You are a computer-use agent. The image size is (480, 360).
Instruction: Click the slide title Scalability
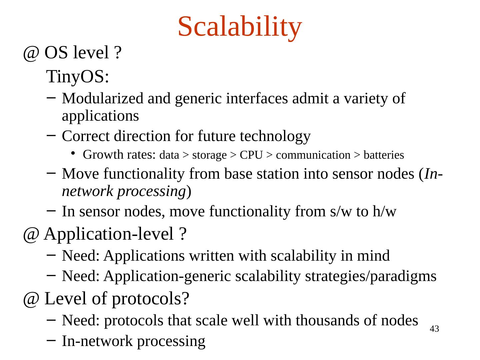coord(240,27)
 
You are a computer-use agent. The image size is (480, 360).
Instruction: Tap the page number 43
coord(434,329)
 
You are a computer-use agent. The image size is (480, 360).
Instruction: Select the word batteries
coord(384,155)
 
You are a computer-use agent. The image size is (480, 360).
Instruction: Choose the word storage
coord(209,155)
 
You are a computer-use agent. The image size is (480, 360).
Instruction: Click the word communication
coord(313,155)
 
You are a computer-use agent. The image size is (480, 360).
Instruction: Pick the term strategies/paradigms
coord(370,277)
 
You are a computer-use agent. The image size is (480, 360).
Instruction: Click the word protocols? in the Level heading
coord(150,299)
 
